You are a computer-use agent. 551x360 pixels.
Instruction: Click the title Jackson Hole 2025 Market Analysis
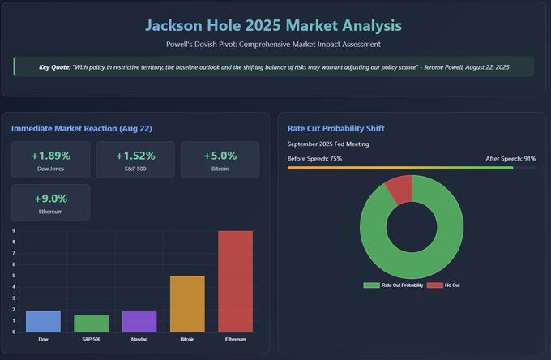[x=275, y=26]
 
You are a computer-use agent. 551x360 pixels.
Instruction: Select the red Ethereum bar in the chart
[x=235, y=281]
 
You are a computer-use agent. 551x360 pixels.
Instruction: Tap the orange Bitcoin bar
[x=186, y=304]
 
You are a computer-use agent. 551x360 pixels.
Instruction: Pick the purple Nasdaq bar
[x=139, y=322]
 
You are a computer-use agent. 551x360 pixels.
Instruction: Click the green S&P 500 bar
[x=91, y=324]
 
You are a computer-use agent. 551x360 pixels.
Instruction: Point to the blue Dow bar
[x=43, y=322]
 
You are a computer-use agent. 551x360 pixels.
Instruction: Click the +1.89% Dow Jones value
[x=50, y=156]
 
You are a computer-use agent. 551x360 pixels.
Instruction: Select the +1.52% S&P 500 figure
[x=135, y=156]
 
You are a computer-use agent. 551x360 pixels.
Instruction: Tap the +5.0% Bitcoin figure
[x=219, y=156]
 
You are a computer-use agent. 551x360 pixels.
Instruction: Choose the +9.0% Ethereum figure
[x=50, y=198]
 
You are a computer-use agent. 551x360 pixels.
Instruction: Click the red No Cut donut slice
[x=399, y=189]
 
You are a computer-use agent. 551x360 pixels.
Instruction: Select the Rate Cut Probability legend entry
[x=393, y=285]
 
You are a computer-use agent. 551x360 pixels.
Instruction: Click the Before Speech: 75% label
[x=314, y=158]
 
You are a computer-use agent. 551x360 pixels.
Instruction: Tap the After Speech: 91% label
[x=510, y=158]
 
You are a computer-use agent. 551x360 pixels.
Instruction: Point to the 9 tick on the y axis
[x=14, y=231]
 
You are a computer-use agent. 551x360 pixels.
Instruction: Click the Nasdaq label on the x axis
[x=139, y=339]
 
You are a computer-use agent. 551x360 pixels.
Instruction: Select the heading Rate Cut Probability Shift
[x=335, y=128]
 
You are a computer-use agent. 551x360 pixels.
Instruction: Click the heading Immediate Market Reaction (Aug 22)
[x=81, y=128]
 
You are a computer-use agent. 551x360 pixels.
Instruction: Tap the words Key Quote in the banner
[x=54, y=66]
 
